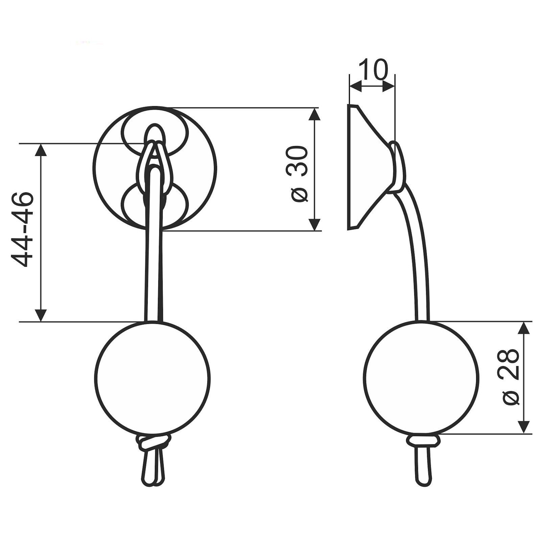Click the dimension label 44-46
[x=23, y=230]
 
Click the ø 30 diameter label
[x=299, y=174]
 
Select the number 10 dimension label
[x=373, y=69]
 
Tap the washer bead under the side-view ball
[x=423, y=441]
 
